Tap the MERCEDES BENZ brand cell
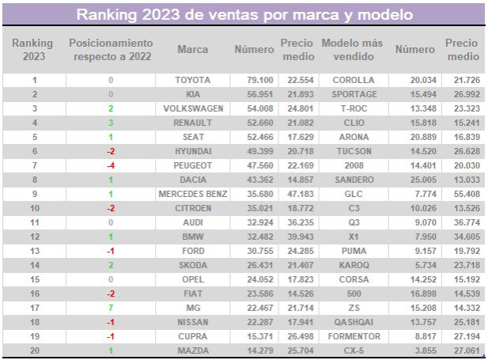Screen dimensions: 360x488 [x=193, y=194]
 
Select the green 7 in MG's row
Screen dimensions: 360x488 [x=111, y=308]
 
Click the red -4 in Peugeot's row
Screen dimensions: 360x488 [x=111, y=165]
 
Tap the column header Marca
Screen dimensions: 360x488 [x=193, y=50]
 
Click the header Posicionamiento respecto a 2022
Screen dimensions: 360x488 [x=111, y=49]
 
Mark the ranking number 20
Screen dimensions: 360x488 [x=33, y=351]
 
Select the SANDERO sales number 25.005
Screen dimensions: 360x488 [x=414, y=180]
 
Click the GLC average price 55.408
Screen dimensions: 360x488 [x=461, y=194]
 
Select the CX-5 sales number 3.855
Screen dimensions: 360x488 [x=414, y=351]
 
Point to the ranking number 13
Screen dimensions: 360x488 [x=33, y=251]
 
